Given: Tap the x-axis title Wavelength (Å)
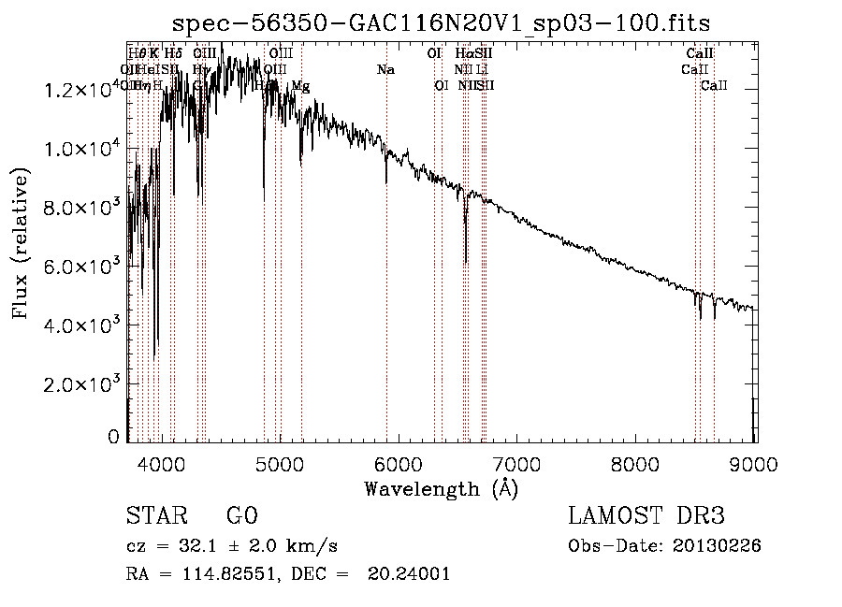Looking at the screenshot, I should coord(441,487).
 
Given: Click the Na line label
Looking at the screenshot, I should coord(385,70).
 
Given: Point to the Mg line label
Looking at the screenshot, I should coord(300,86).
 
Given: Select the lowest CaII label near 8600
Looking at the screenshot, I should coord(714,86).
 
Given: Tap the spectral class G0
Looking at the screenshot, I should coord(241,516).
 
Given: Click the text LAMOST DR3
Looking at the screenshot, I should coord(646,516).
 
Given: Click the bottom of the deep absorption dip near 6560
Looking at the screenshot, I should coord(466,263).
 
